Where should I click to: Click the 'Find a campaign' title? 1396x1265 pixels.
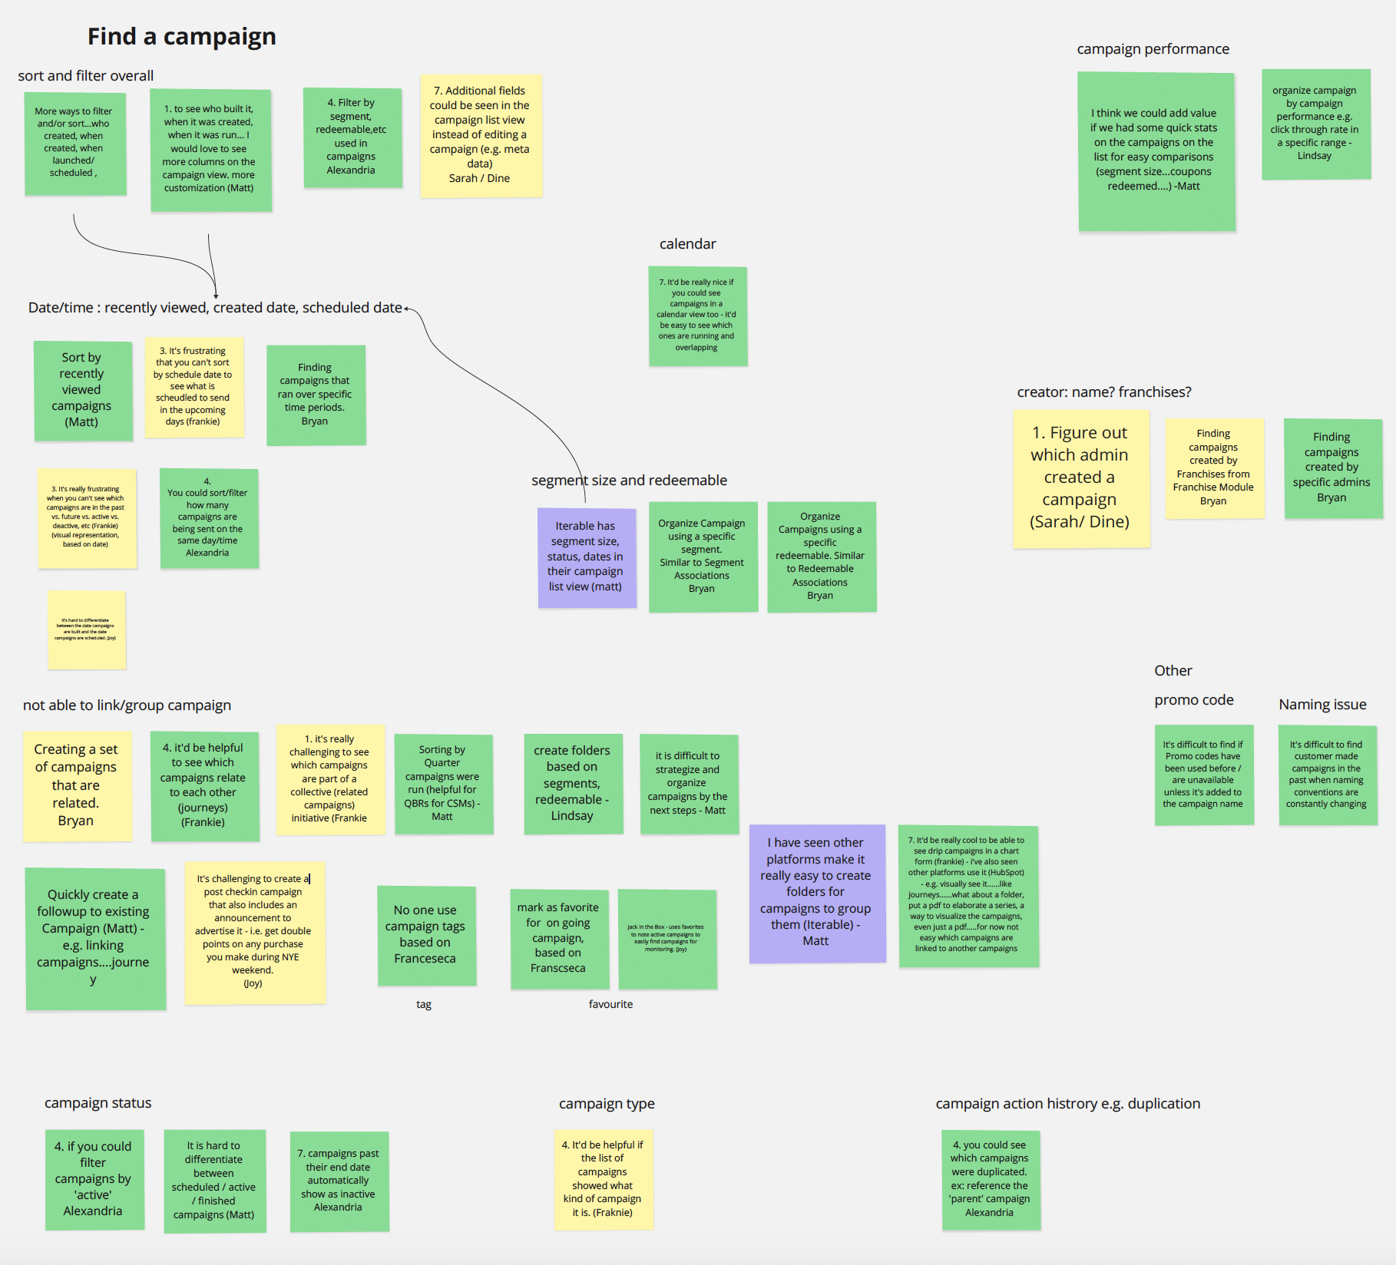(x=181, y=36)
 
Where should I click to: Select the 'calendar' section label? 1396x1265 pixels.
(x=687, y=244)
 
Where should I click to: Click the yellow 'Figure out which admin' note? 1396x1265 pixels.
(x=1080, y=478)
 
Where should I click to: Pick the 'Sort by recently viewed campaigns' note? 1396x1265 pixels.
(x=82, y=390)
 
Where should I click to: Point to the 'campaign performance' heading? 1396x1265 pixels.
(x=1153, y=49)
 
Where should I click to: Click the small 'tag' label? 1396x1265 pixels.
(x=424, y=1005)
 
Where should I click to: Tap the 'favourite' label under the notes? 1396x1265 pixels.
(x=610, y=1005)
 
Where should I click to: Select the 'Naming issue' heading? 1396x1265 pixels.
(x=1322, y=705)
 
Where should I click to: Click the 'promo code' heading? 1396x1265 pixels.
(x=1193, y=700)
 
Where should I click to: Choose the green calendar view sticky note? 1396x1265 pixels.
(x=697, y=315)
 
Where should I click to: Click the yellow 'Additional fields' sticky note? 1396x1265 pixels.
(x=481, y=135)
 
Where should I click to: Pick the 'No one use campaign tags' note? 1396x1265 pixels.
(x=426, y=935)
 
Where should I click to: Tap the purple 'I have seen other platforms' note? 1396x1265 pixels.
(x=816, y=893)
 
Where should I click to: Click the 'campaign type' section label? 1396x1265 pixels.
(x=607, y=1104)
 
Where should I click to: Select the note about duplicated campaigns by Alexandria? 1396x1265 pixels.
(x=990, y=1179)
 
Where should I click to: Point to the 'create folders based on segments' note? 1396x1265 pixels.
(x=572, y=783)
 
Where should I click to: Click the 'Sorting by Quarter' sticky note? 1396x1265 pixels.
(x=443, y=783)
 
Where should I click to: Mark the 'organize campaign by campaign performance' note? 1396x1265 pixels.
(x=1315, y=124)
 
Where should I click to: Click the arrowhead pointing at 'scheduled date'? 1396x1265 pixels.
(x=406, y=309)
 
